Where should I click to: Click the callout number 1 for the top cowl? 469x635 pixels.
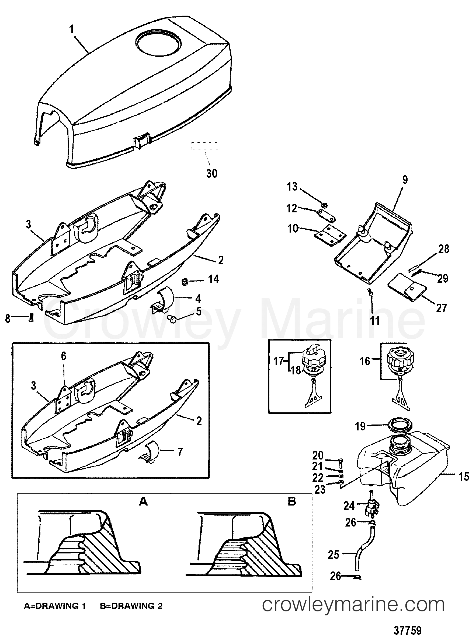click(72, 29)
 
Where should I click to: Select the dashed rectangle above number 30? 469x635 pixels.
click(205, 146)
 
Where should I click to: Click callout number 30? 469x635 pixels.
click(212, 173)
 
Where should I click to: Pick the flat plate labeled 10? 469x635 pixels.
click(331, 235)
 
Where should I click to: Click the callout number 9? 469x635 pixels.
click(405, 180)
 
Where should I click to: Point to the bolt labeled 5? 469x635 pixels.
click(172, 319)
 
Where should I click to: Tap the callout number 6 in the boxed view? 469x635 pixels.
click(64, 356)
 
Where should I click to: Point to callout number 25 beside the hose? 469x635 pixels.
click(333, 555)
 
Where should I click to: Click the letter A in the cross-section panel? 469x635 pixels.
click(143, 502)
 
